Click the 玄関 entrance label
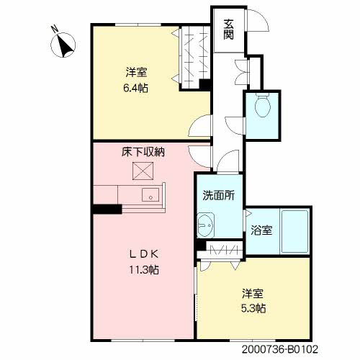click(228, 30)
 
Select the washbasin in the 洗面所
click(205, 225)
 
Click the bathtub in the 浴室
click(295, 231)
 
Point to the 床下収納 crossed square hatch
click(143, 171)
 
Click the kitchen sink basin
click(150, 194)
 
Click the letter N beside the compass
click(55, 29)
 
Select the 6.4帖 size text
click(136, 89)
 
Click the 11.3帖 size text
click(144, 270)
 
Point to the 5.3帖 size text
click(253, 308)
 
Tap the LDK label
click(144, 254)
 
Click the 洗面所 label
click(218, 196)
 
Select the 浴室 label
click(261, 230)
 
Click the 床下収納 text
click(143, 152)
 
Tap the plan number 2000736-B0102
click(280, 349)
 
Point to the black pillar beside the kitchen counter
click(107, 209)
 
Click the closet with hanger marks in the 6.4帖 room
click(195, 57)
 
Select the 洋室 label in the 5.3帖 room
click(253, 293)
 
